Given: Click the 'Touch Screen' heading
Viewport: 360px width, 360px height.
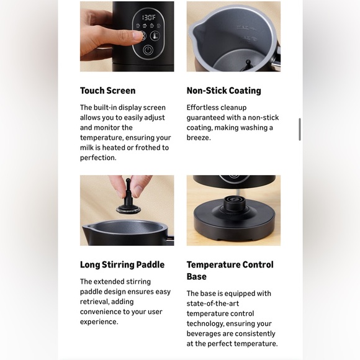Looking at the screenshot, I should (x=107, y=91).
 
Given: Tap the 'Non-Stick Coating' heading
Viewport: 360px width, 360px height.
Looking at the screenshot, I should (x=223, y=91).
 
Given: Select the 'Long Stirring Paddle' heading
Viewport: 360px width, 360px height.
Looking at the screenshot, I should (x=122, y=264).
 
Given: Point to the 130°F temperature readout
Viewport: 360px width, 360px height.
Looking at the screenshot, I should (x=148, y=18).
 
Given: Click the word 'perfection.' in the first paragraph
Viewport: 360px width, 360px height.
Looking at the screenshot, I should (x=99, y=158).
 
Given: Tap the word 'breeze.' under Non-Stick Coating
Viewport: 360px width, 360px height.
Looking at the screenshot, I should (x=199, y=137).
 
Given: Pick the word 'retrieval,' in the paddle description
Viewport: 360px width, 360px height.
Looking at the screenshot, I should (x=96, y=302).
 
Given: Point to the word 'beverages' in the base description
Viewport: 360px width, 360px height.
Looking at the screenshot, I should (x=205, y=333).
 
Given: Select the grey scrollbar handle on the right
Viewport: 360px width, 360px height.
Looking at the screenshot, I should (x=300, y=129).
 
